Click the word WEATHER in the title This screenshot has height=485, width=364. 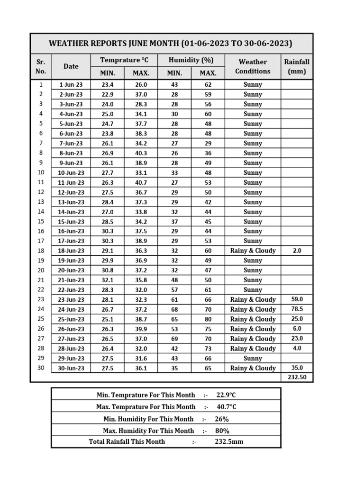tap(68, 44)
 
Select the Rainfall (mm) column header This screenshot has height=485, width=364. tap(297, 67)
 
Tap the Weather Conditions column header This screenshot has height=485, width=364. tap(253, 67)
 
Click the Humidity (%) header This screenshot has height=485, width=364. tap(191, 60)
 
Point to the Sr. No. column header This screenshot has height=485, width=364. tap(41, 67)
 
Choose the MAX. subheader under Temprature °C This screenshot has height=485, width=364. tap(141, 73)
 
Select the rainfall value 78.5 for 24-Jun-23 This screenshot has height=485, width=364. tap(297, 309)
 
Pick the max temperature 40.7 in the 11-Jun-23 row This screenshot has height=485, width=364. tap(141, 182)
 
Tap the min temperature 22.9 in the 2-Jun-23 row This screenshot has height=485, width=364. tap(108, 94)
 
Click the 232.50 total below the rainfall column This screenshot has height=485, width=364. tap(297, 377)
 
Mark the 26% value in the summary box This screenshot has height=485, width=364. tap(221, 419)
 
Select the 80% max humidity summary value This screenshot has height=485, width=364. tap(222, 431)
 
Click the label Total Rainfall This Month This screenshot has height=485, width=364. tap(127, 441)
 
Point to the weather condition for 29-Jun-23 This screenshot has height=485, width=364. tap(253, 359)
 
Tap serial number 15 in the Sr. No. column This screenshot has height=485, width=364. tap(41, 221)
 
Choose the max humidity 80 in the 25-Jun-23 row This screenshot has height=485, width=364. tap(208, 319)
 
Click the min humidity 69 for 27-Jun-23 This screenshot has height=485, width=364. tap(174, 339)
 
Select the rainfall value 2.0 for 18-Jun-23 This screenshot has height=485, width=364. tap(297, 251)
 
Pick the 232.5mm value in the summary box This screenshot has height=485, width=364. tap(229, 441)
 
